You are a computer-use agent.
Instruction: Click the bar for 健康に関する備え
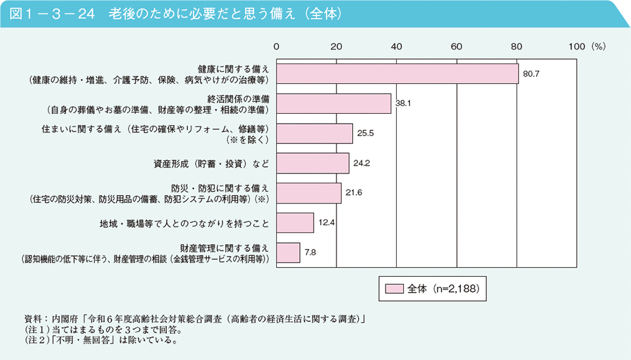[397, 74]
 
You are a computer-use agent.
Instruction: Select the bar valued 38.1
[334, 103]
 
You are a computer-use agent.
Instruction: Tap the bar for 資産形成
[313, 163]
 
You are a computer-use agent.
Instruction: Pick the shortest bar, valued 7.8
[288, 252]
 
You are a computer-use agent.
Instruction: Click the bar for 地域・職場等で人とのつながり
[295, 223]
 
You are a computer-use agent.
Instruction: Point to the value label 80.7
[531, 74]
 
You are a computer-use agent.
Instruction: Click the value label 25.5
[366, 134]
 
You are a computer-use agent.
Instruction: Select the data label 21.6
[354, 193]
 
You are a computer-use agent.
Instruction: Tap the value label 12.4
[327, 223]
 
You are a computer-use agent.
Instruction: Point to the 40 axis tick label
[397, 46]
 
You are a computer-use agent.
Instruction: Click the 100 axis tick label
[576, 46]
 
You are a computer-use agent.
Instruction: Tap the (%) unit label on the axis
[598, 46]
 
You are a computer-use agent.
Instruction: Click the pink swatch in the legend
[394, 288]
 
